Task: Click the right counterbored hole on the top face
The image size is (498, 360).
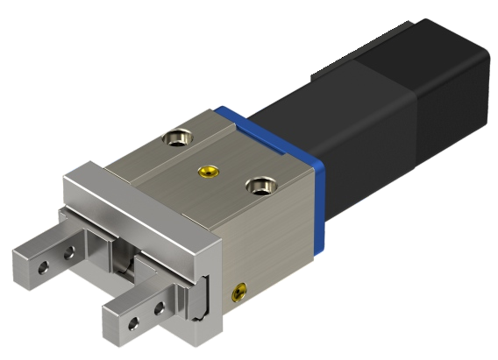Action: [x=258, y=186]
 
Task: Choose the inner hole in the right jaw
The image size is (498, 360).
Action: [x=159, y=308]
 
